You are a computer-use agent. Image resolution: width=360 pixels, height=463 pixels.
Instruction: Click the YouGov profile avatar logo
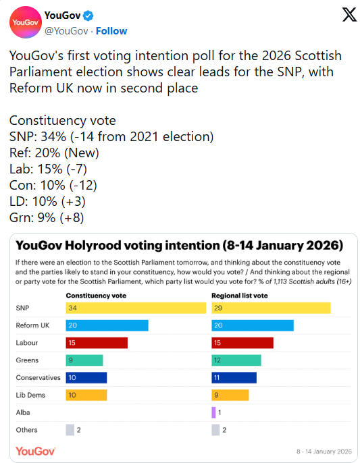[x=24, y=24]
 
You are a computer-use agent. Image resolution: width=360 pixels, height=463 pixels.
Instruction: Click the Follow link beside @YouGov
[x=111, y=31]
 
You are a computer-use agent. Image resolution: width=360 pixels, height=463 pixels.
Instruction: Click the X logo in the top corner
[x=349, y=15]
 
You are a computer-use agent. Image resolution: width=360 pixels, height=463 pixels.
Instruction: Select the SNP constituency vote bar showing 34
[x=135, y=308]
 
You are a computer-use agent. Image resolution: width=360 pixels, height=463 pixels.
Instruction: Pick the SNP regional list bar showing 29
[x=271, y=308]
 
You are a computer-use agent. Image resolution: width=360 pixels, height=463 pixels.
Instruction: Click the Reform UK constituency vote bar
[x=107, y=325]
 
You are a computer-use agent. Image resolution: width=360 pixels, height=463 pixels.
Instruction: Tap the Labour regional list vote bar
[x=242, y=343]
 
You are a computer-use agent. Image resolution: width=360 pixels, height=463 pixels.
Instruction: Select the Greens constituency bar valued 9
[x=84, y=360]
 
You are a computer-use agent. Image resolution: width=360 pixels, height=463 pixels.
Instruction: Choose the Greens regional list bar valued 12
[x=236, y=360]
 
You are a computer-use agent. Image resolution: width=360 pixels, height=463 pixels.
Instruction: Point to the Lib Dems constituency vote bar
[x=86, y=395]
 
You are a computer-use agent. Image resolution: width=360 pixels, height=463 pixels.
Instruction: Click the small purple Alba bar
[x=213, y=412]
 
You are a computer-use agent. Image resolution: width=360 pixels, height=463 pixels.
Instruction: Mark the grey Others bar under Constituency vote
[x=70, y=430]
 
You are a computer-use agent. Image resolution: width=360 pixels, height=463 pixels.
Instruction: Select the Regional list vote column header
[x=240, y=296]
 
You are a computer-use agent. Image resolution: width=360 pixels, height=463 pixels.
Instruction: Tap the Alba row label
[x=23, y=412]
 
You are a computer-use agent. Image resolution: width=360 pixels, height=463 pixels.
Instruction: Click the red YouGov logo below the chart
[x=35, y=451]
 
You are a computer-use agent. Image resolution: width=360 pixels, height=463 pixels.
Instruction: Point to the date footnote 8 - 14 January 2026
[x=324, y=451]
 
